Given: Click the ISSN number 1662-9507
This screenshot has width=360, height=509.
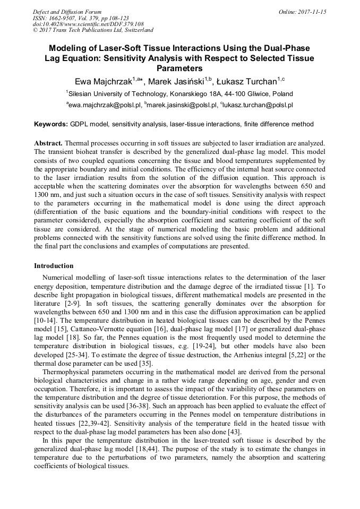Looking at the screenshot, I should point(60,18).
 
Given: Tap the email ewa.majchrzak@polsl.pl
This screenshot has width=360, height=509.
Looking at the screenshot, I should point(105,105).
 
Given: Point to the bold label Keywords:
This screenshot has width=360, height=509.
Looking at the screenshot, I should point(51,124).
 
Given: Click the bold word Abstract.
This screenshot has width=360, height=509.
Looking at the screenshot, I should point(49,143).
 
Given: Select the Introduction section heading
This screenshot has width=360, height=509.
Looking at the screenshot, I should point(54,265).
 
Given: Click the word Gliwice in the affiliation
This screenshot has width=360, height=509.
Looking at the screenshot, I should point(253,93).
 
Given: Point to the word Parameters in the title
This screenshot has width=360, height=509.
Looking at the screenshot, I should point(179,68).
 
